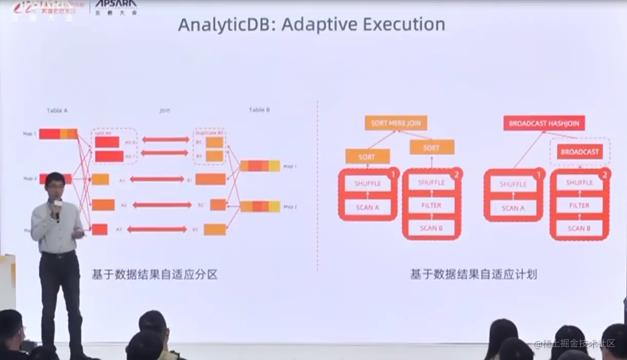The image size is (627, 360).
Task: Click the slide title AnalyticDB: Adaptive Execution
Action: point(311,24)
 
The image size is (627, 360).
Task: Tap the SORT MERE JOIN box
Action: point(396,123)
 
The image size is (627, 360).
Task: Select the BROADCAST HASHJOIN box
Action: point(544,123)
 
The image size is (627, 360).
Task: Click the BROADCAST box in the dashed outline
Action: point(580,151)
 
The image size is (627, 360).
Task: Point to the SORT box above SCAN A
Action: point(367,157)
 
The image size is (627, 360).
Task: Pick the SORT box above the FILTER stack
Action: point(432,147)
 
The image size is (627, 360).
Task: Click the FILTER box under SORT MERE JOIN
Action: point(431,205)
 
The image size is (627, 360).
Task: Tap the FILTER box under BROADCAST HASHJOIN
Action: point(579,205)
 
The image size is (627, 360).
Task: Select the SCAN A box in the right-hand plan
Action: point(513,208)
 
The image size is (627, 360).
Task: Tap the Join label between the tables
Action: point(164,110)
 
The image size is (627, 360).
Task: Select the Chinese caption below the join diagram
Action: point(154,275)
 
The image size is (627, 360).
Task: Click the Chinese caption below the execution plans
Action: point(473,275)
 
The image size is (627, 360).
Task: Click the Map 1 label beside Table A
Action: point(30,134)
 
